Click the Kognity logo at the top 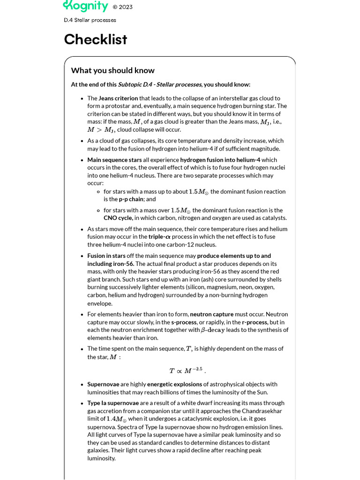click(x=85, y=6)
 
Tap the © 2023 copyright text click(x=122, y=7)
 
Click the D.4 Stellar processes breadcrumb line click(x=90, y=20)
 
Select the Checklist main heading click(x=95, y=39)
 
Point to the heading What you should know click(x=112, y=70)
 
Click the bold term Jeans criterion click(x=118, y=98)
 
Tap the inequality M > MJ click(x=101, y=130)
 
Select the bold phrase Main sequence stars click(x=114, y=160)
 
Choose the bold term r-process click(x=255, y=322)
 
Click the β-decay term click(x=213, y=330)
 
